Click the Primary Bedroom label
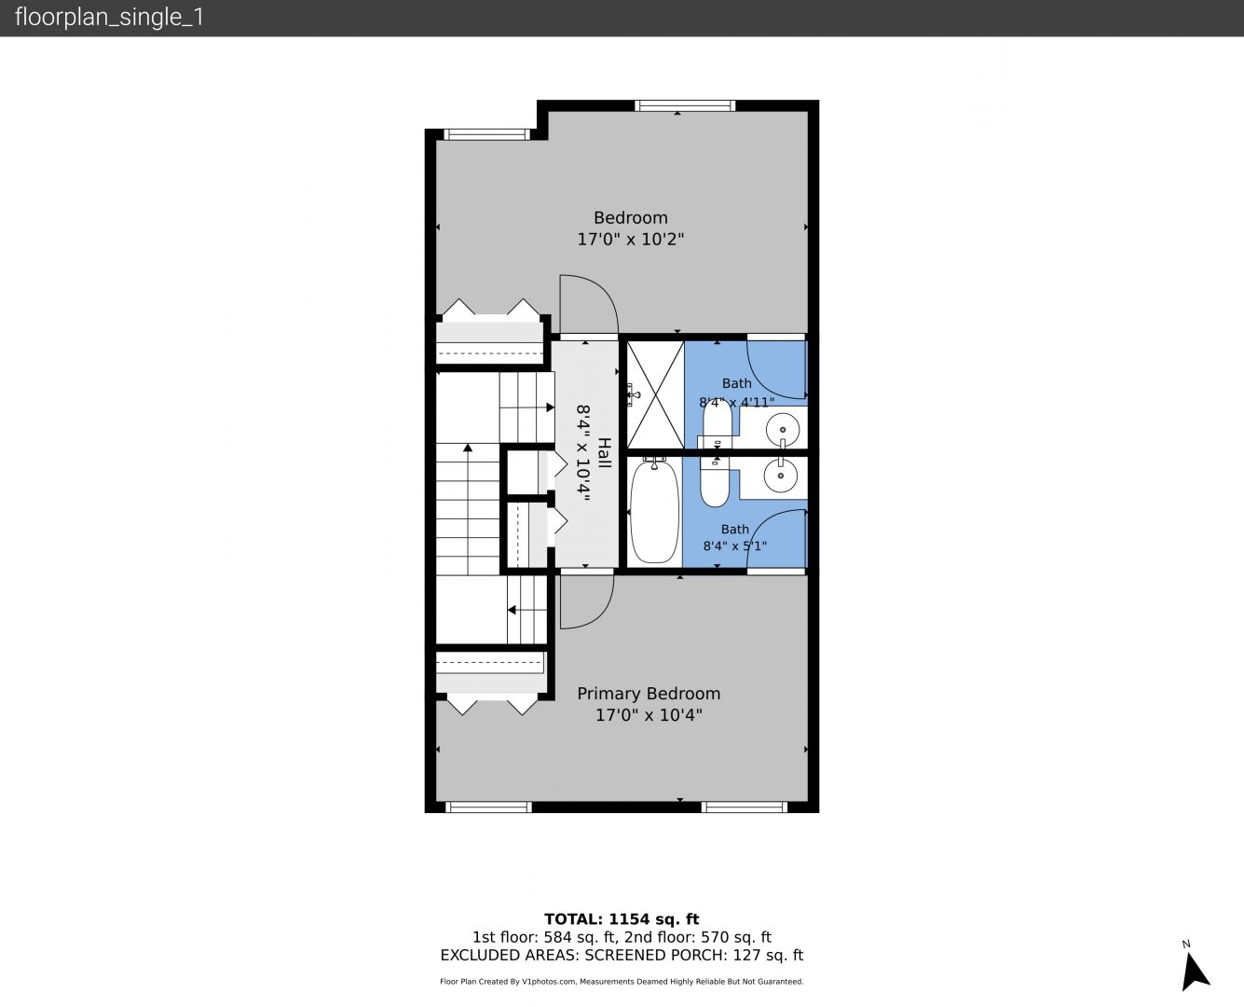(649, 694)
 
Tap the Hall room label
(605, 453)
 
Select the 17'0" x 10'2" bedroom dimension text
(630, 239)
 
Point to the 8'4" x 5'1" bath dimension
(734, 545)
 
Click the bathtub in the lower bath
(654, 511)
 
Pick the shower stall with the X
(655, 395)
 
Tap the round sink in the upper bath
(782, 430)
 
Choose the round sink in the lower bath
(782, 476)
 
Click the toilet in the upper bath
(717, 424)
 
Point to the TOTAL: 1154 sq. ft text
(622, 919)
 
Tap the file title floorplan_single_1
(109, 18)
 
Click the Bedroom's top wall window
(685, 105)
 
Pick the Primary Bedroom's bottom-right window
(744, 807)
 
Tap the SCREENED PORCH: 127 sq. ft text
(694, 956)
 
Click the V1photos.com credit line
(622, 982)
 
